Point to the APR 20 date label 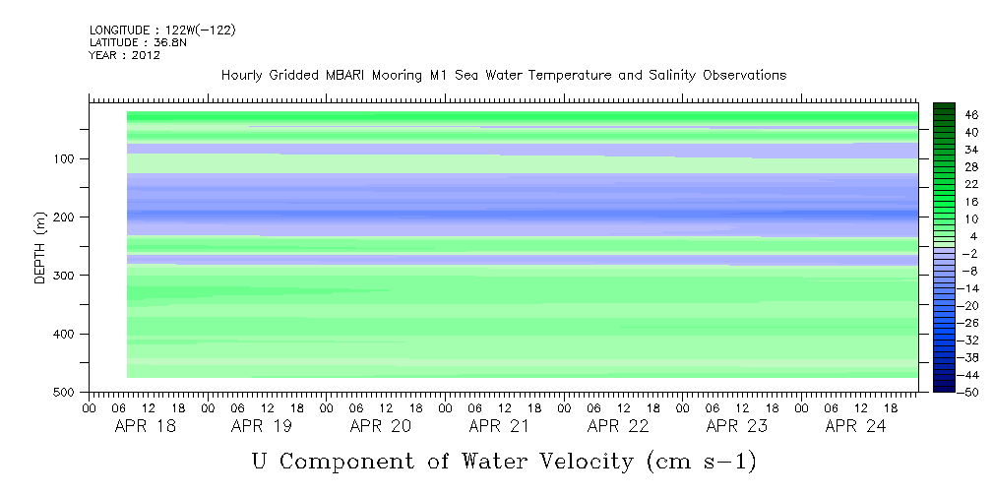380,426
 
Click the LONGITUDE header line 162,31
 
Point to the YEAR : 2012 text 124,56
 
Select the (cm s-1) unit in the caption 702,461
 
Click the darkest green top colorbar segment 944,106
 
